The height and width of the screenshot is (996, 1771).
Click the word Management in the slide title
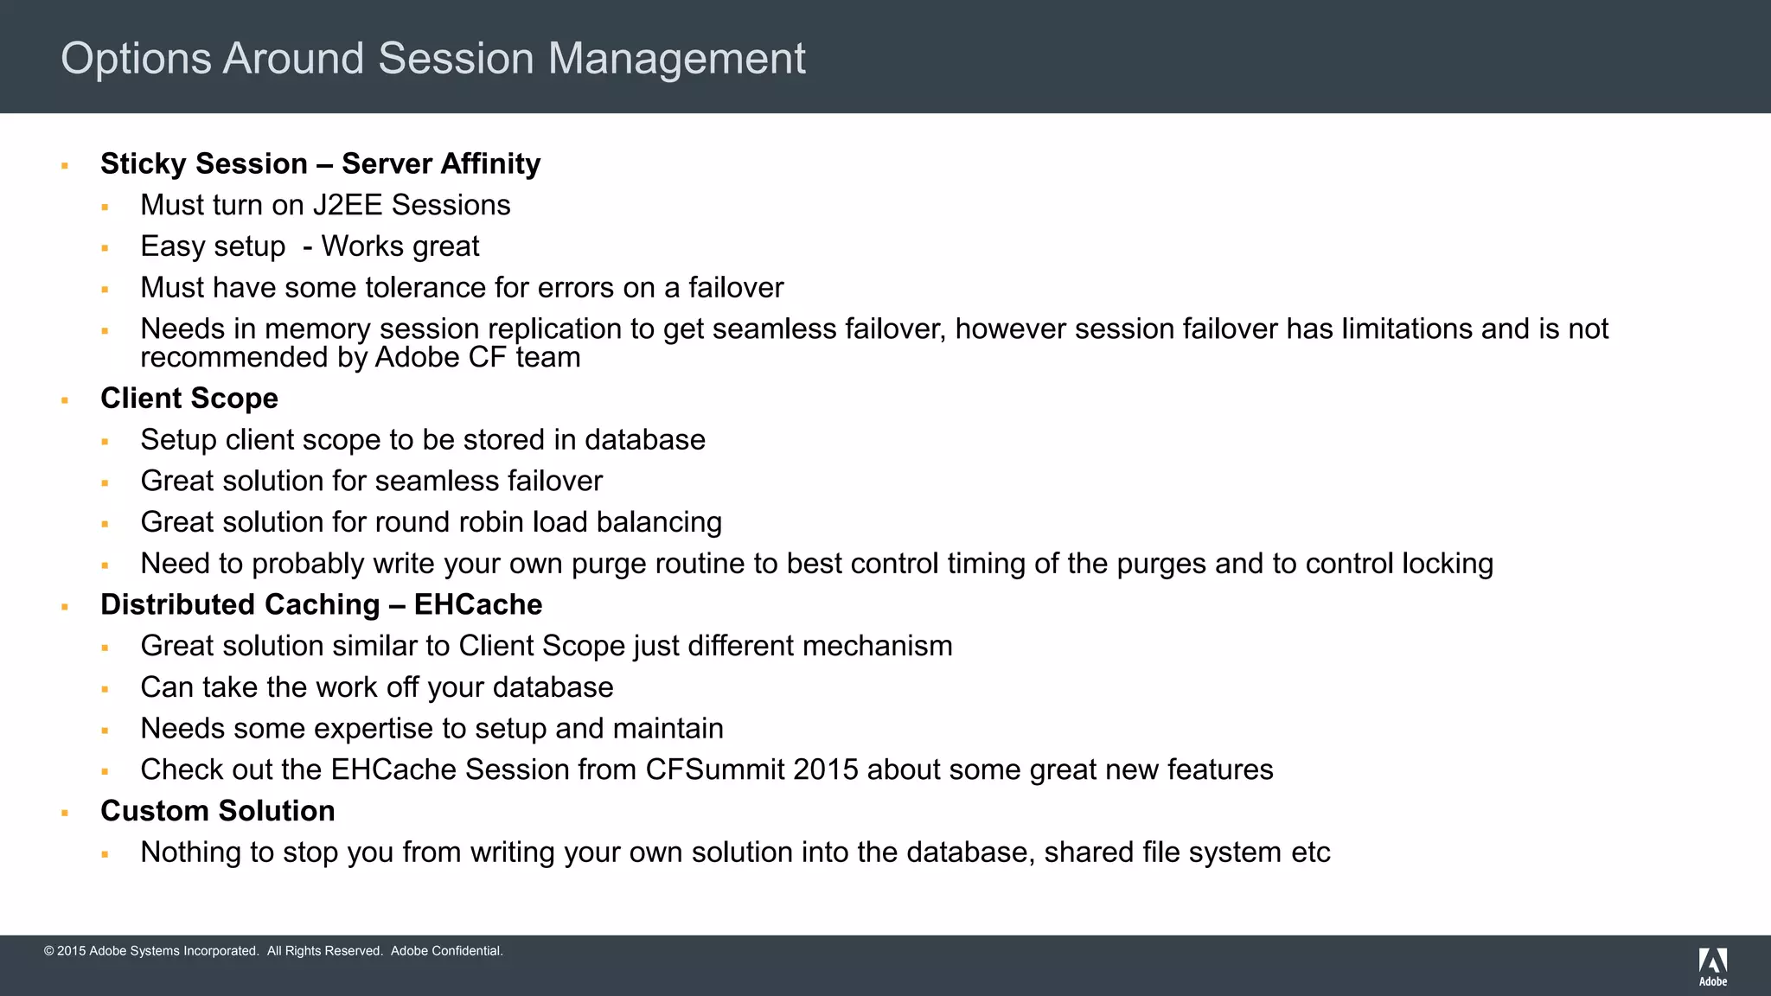pyautogui.click(x=676, y=59)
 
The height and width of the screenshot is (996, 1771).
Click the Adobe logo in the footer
pyautogui.click(x=1712, y=967)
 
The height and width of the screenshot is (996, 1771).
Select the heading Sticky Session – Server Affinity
pyautogui.click(x=320, y=163)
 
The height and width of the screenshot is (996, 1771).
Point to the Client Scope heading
pyautogui.click(x=189, y=398)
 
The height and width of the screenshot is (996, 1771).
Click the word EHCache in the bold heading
pyautogui.click(x=478, y=604)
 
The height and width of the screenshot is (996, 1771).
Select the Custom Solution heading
pyautogui.click(x=218, y=811)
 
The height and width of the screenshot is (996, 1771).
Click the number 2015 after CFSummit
pyautogui.click(x=826, y=769)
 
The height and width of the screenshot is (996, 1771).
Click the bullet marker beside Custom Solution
pyautogui.click(x=65, y=813)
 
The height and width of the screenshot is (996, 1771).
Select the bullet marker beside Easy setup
pyautogui.click(x=105, y=248)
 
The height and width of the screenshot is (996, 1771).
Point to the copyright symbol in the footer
pyautogui.click(x=49, y=951)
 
